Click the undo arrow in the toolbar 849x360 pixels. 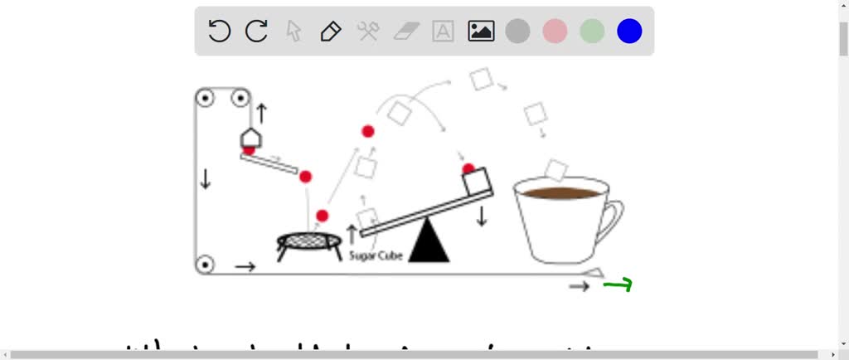coord(219,32)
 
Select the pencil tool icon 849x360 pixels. coord(331,32)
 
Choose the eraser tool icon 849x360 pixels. coord(406,32)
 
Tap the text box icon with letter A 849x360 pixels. coord(444,32)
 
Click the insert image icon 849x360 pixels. coord(481,32)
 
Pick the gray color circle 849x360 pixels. coord(518,32)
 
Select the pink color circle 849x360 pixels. coord(555,32)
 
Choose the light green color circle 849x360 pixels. coord(592,32)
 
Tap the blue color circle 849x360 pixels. coord(629,32)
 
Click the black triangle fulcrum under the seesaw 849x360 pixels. coord(429,242)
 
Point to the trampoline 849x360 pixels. coord(309,241)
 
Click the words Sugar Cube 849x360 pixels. coord(376,256)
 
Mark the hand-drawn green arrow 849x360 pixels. coord(619,285)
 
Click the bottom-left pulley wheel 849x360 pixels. coord(205,265)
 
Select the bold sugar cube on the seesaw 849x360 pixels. coord(477,181)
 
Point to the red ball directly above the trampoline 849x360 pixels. coord(323,216)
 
